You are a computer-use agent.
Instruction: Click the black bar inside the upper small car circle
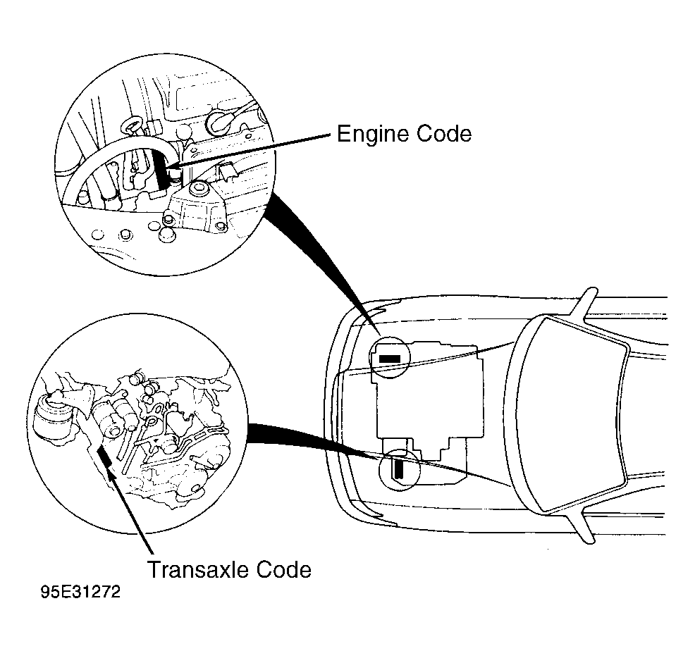point(389,359)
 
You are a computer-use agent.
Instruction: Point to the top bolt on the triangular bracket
point(198,189)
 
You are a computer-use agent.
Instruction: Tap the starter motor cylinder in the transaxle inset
point(113,419)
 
